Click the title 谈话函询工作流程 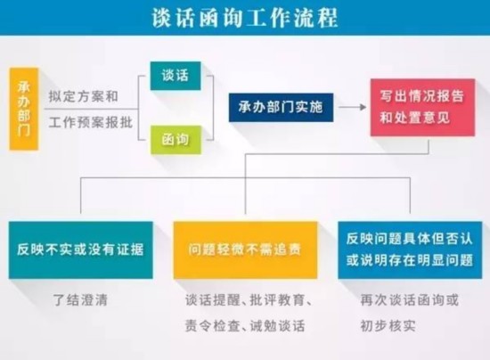(245, 18)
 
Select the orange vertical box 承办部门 (24, 109)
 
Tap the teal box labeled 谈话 (176, 76)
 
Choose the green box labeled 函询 (176, 139)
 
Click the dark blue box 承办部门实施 (281, 107)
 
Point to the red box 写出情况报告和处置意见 (422, 107)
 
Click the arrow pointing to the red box (352, 107)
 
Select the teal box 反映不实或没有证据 (80, 250)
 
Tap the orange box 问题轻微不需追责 (245, 250)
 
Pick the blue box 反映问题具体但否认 (410, 250)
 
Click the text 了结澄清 (80, 300)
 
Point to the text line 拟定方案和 (84, 96)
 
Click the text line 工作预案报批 (91, 122)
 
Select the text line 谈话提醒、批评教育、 (249, 300)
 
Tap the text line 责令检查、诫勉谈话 (245, 325)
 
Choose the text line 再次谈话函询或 (410, 300)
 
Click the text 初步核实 (388, 325)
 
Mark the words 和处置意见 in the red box (415, 119)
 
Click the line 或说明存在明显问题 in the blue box (410, 260)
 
